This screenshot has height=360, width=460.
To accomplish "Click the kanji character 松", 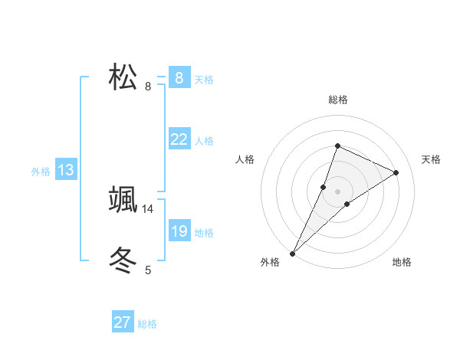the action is pyautogui.click(x=123, y=77).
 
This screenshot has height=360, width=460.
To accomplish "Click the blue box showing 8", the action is pyautogui.click(x=179, y=77).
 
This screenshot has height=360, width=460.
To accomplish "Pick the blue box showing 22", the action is pyautogui.click(x=179, y=139).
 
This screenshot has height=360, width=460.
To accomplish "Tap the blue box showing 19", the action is pyautogui.click(x=179, y=231).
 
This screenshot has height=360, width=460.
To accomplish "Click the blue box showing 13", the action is pyautogui.click(x=66, y=170).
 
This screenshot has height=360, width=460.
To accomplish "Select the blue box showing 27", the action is pyautogui.click(x=123, y=322).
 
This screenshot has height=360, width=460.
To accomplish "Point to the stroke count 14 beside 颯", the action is pyautogui.click(x=148, y=208).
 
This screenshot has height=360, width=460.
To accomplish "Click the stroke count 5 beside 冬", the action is pyautogui.click(x=148, y=270).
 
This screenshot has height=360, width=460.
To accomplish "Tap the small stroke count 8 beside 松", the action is pyautogui.click(x=148, y=87).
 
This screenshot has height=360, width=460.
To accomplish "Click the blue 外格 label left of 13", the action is pyautogui.click(x=41, y=172).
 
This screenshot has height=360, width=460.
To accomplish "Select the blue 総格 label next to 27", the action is pyautogui.click(x=147, y=324).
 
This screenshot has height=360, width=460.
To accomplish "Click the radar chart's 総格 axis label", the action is pyautogui.click(x=337, y=100).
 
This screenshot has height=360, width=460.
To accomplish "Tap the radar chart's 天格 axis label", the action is pyautogui.click(x=431, y=159).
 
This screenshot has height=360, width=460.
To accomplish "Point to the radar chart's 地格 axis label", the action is pyautogui.click(x=402, y=262).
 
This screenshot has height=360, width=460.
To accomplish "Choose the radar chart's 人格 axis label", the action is pyautogui.click(x=245, y=159).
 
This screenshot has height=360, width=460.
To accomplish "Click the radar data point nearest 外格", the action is pyautogui.click(x=292, y=253).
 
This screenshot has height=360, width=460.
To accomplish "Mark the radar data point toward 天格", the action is pyautogui.click(x=396, y=172).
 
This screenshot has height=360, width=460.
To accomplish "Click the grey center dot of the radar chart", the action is pyautogui.click(x=337, y=191).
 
